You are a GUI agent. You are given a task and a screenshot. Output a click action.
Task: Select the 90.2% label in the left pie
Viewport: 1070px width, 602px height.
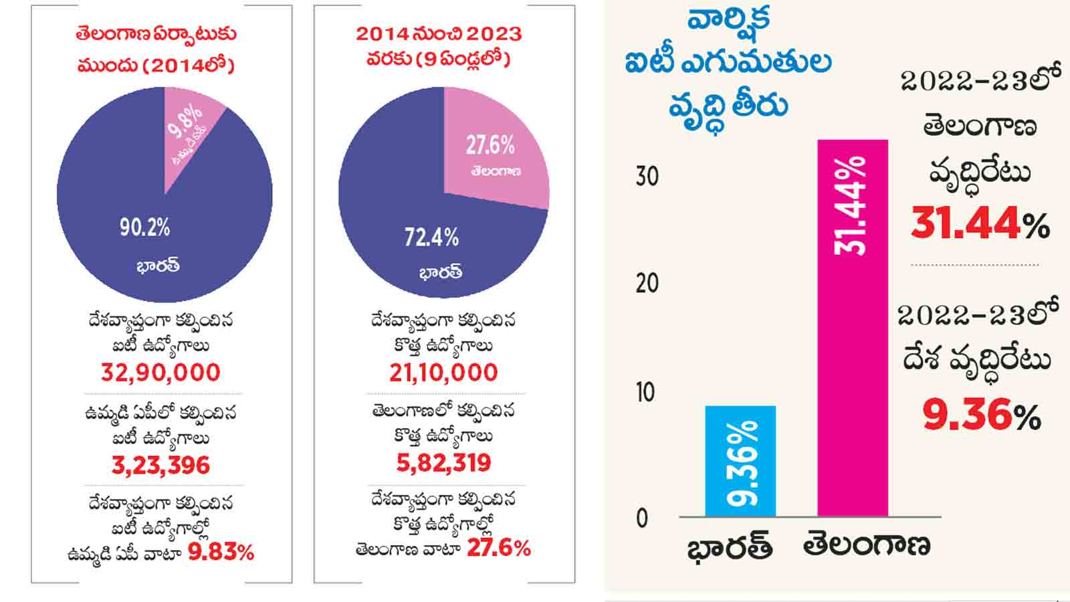click(144, 227)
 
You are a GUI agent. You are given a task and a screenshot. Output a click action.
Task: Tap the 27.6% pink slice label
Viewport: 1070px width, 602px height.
click(490, 145)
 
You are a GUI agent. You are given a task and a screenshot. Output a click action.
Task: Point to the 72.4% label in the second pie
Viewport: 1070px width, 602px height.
click(431, 237)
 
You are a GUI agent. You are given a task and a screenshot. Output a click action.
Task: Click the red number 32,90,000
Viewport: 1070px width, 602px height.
click(160, 373)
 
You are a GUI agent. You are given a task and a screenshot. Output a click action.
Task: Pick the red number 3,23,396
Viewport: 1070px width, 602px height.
click(160, 465)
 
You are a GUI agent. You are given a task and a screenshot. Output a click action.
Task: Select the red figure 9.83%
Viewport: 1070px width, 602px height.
click(221, 553)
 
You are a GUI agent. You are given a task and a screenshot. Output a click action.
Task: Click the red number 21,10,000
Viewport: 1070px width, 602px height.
click(443, 373)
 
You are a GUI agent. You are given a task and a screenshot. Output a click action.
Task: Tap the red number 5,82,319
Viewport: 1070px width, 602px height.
click(443, 463)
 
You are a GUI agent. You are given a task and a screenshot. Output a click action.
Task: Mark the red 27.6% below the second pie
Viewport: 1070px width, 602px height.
click(498, 548)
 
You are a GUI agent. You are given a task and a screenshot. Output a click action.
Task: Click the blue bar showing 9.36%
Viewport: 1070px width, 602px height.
click(740, 462)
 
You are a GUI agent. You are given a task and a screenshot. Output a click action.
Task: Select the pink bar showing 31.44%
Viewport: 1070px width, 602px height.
click(853, 328)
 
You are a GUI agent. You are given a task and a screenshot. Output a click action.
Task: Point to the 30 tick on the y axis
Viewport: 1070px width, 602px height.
click(647, 177)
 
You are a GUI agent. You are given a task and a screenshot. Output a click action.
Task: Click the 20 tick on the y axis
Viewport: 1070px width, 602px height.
click(647, 284)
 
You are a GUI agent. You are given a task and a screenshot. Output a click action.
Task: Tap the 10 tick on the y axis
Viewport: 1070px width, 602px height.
click(645, 392)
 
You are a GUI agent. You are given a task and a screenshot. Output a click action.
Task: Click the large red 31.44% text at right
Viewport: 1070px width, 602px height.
click(980, 223)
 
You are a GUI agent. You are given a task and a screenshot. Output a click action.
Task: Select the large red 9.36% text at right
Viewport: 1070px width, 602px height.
click(981, 415)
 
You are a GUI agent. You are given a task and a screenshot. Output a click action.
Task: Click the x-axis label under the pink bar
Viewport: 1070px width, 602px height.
click(867, 546)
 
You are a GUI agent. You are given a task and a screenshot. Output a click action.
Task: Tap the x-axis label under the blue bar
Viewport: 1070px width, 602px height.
click(730, 547)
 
